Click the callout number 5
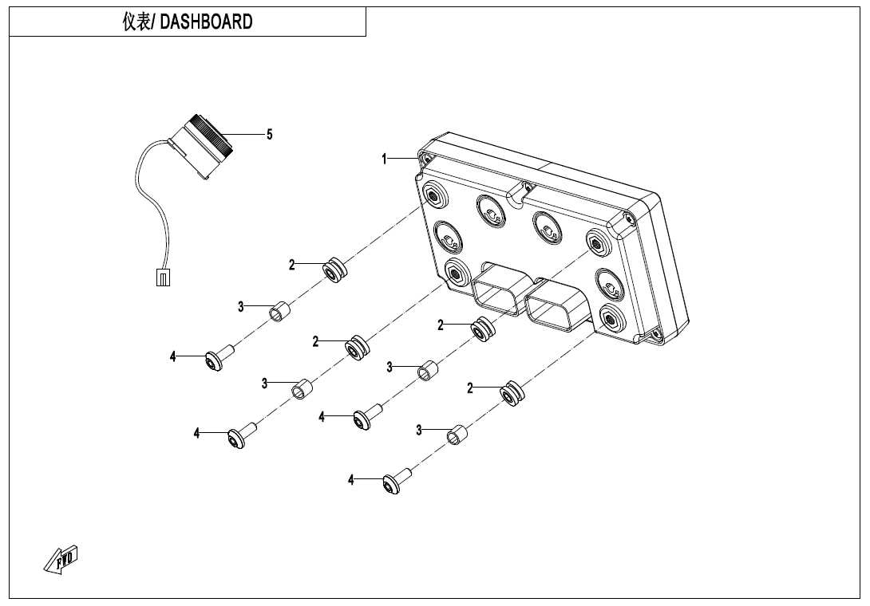point(270,135)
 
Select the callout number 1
point(385,159)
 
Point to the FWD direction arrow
point(61,559)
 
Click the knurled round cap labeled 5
point(209,137)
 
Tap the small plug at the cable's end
point(162,277)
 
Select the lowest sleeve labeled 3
point(457,435)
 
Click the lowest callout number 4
point(350,479)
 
